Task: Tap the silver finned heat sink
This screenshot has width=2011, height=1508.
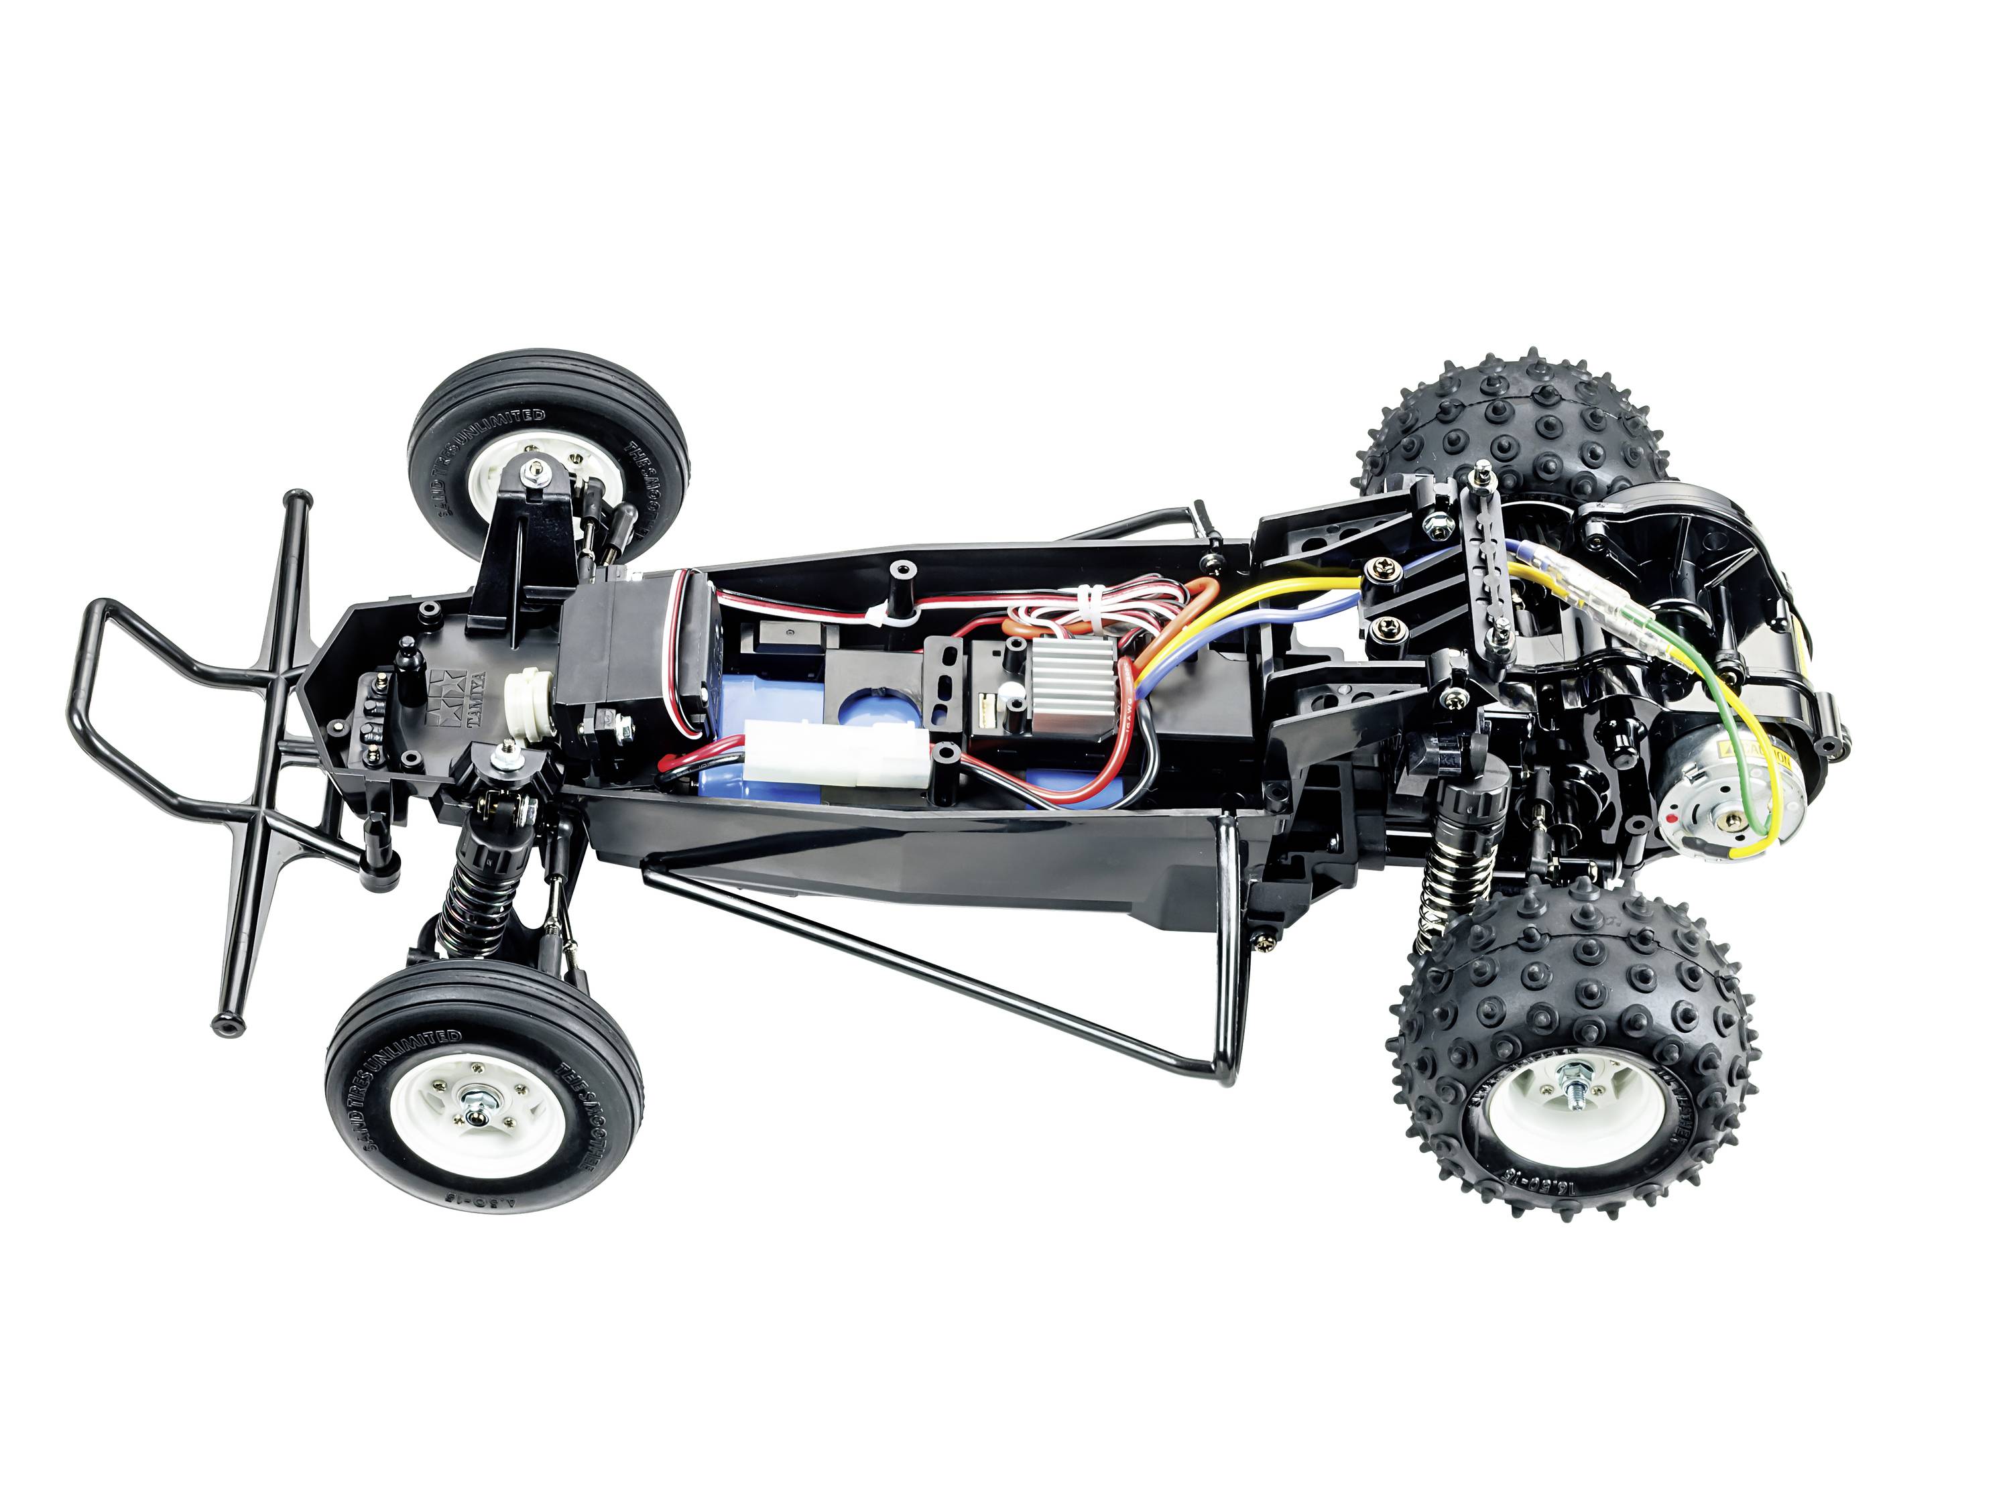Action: click(1054, 689)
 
